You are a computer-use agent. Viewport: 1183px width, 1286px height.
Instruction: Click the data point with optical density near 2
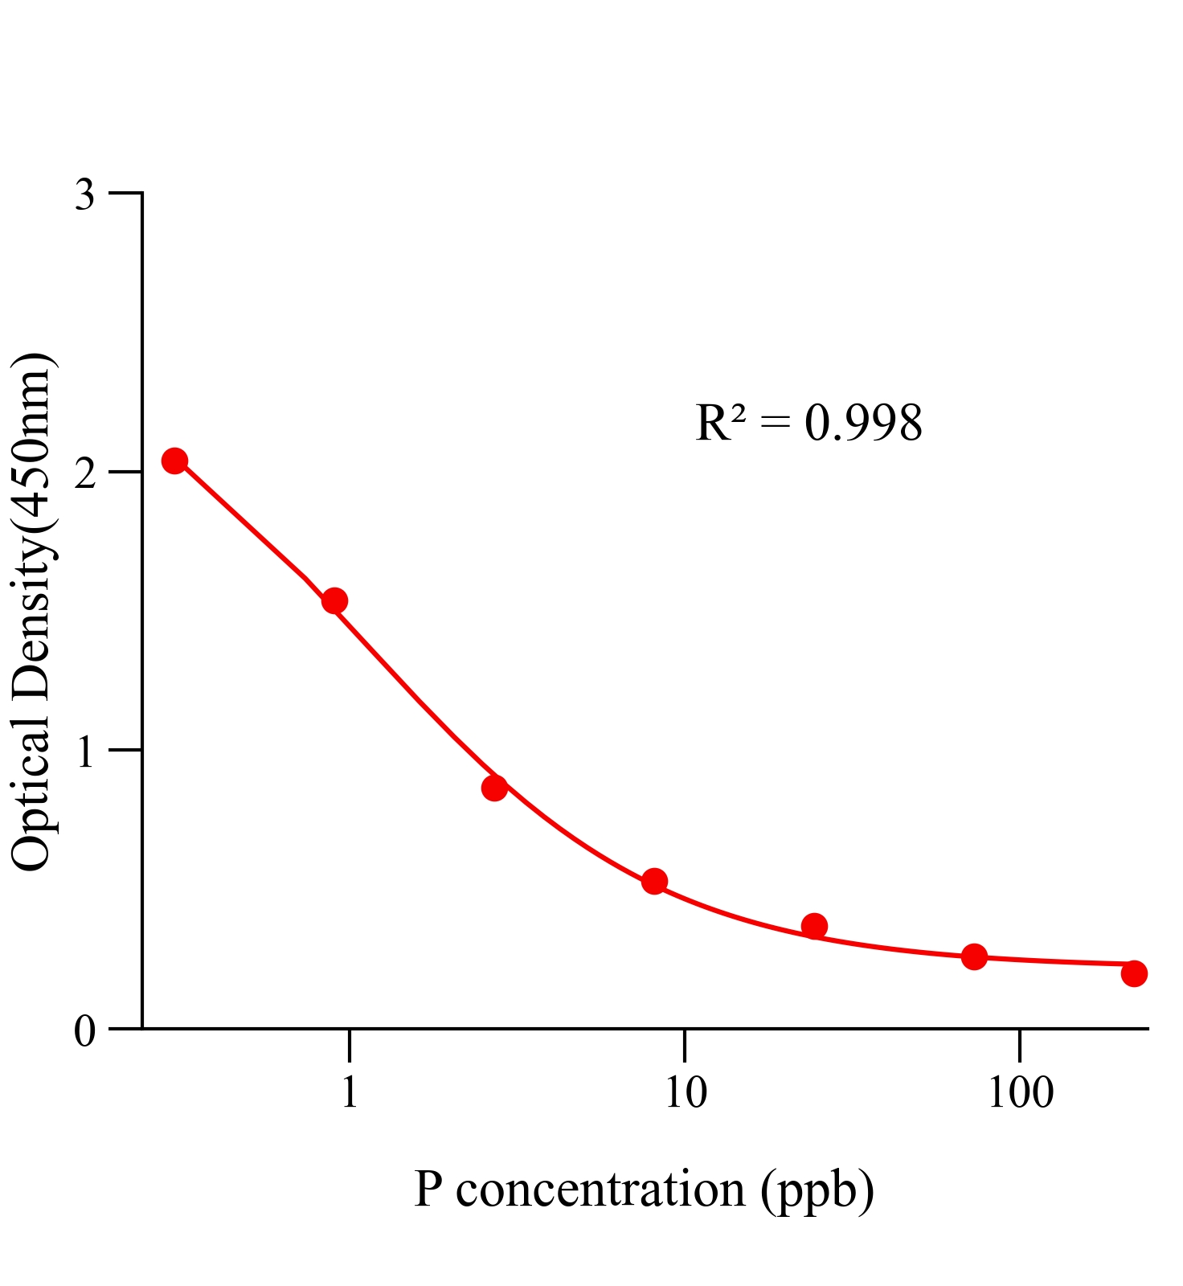pyautogui.click(x=174, y=461)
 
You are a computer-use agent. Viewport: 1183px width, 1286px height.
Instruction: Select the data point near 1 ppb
pyautogui.click(x=334, y=600)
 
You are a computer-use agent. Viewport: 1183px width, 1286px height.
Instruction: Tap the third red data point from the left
pyautogui.click(x=494, y=788)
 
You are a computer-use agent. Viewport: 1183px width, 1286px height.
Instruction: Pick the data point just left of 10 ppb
pyautogui.click(x=654, y=881)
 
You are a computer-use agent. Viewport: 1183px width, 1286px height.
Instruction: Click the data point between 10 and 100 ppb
pyautogui.click(x=814, y=926)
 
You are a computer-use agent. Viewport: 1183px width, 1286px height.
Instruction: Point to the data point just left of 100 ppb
pyautogui.click(x=974, y=956)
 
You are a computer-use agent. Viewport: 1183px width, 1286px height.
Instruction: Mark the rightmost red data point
pyautogui.click(x=1134, y=973)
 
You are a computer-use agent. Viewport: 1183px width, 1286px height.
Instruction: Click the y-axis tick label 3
pyautogui.click(x=84, y=195)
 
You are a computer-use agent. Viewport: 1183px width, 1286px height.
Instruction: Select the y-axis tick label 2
pyautogui.click(x=84, y=473)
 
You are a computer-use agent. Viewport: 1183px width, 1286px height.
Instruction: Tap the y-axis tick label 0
pyautogui.click(x=84, y=1031)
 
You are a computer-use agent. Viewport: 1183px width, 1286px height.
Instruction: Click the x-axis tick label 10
pyautogui.click(x=685, y=1092)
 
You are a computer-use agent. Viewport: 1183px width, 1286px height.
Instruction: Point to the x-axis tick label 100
pyautogui.click(x=1020, y=1092)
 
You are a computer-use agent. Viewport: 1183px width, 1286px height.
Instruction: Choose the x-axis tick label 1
pyautogui.click(x=349, y=1092)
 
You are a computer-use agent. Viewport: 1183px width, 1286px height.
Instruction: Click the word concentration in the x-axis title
pyautogui.click(x=600, y=1190)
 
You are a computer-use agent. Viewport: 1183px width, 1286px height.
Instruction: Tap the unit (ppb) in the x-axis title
pyautogui.click(x=817, y=1191)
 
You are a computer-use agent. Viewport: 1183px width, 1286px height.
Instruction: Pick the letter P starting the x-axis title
pyautogui.click(x=428, y=1190)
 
